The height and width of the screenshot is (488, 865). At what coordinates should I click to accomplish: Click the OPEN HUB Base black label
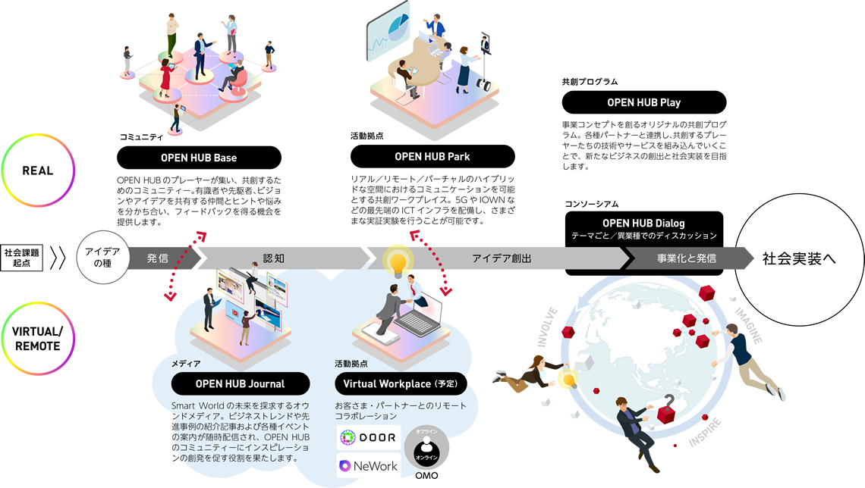coord(199,158)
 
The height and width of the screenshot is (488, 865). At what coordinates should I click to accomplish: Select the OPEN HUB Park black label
coord(432,157)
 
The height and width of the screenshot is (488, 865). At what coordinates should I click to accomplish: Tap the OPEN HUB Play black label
coord(643,102)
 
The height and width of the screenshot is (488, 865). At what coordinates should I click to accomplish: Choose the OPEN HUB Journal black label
coord(240,383)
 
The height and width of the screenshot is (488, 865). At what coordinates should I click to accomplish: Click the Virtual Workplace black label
coord(401,383)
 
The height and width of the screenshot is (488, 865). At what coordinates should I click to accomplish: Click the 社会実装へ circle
coord(799,258)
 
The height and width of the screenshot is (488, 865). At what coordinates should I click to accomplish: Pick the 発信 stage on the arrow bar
coord(159,258)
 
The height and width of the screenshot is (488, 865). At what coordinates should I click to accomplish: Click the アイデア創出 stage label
coord(502,258)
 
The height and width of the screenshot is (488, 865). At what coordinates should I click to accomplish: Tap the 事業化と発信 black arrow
coord(686,258)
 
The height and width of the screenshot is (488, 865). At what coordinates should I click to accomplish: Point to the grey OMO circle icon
coord(426,451)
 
